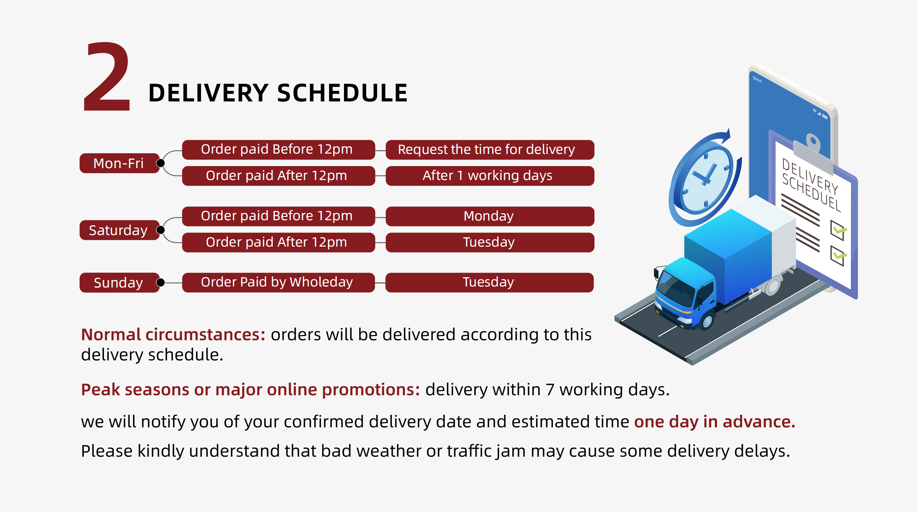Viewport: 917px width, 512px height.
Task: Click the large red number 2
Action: [107, 76]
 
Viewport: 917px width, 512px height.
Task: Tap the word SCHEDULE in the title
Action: [342, 93]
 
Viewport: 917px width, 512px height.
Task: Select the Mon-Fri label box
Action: [119, 163]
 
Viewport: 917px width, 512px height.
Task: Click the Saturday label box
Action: [119, 230]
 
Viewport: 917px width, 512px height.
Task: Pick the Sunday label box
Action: [119, 283]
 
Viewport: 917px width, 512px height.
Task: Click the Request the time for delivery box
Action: [490, 150]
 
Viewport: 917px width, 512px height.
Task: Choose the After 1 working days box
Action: [490, 176]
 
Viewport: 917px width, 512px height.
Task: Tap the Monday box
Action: [490, 216]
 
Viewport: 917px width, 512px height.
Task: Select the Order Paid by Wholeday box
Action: [278, 283]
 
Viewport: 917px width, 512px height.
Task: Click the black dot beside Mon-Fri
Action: [160, 163]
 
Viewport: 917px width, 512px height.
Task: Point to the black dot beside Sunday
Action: [160, 283]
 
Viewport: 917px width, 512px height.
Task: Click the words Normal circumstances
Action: [173, 335]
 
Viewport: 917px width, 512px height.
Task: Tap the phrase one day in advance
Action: [714, 422]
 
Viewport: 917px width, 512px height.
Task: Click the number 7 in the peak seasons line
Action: [550, 390]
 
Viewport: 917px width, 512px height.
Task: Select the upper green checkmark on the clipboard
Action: [840, 230]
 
